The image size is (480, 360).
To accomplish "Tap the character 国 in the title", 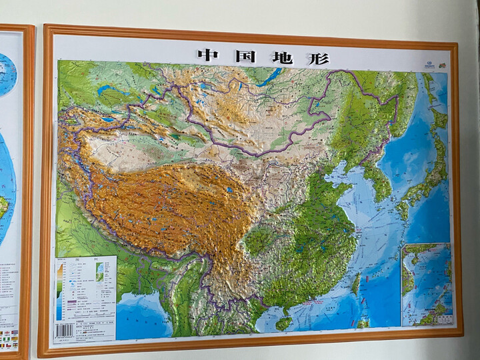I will tap(245, 56).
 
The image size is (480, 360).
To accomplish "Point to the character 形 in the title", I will tap(319, 58).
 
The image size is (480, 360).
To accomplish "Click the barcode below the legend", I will tap(64, 331).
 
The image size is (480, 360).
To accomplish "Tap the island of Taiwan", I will tap(356, 285).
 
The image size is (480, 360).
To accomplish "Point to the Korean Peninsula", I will tap(379, 180).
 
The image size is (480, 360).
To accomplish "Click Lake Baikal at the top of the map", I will tap(269, 77).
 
